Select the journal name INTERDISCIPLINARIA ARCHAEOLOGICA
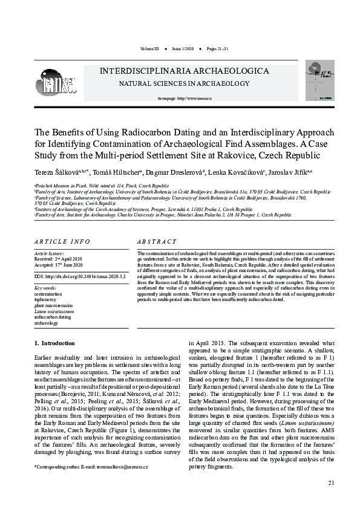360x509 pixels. pyautogui.click(x=185, y=71)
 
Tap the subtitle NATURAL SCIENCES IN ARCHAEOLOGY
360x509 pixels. pyautogui.click(x=184, y=83)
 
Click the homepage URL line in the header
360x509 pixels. pyautogui.click(x=184, y=97)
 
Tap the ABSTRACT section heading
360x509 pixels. pyautogui.click(x=157, y=241)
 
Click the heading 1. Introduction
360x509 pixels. pyautogui.click(x=54, y=343)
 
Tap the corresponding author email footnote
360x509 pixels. pyautogui.click(x=91, y=467)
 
